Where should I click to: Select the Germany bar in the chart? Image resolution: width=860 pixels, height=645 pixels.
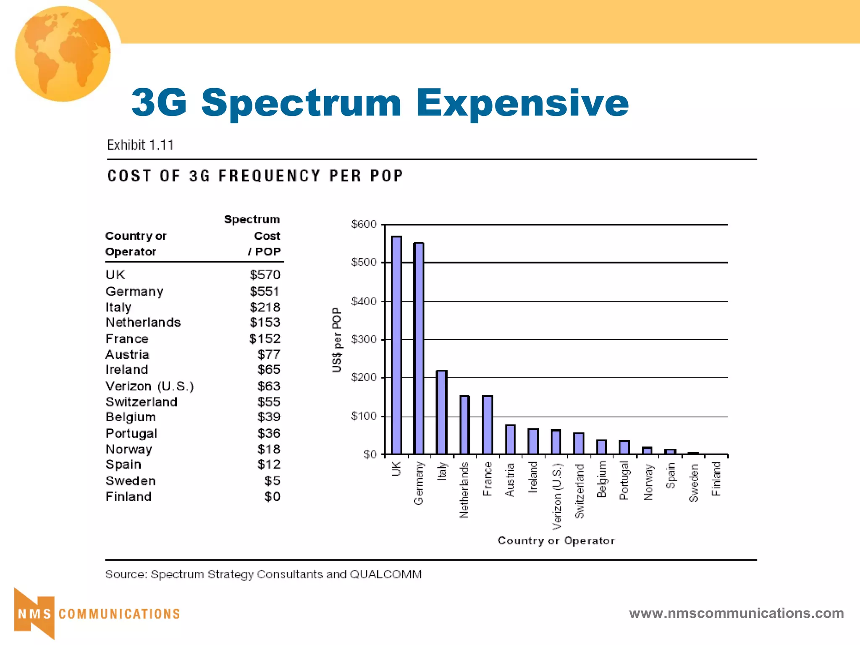(x=419, y=349)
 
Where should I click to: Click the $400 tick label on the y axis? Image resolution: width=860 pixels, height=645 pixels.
(x=364, y=301)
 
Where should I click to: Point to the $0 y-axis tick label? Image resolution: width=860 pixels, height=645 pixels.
(x=370, y=454)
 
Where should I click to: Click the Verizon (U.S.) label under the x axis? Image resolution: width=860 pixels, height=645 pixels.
(x=557, y=496)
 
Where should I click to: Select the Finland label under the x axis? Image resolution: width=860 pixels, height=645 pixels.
(x=716, y=479)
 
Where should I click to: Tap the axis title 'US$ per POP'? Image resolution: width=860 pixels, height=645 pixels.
(x=337, y=340)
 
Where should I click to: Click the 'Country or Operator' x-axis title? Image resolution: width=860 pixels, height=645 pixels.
(x=556, y=540)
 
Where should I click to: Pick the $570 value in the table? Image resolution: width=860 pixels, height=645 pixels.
(x=265, y=275)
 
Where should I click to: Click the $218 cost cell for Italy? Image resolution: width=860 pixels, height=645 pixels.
(x=265, y=307)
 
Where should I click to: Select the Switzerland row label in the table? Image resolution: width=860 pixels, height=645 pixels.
(x=142, y=402)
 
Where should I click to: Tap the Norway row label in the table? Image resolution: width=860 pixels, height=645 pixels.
(x=129, y=449)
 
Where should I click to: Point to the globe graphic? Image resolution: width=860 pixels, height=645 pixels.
(x=63, y=54)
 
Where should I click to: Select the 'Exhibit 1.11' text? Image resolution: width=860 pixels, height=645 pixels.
(x=140, y=145)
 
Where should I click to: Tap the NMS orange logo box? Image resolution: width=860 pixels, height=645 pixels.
(x=34, y=614)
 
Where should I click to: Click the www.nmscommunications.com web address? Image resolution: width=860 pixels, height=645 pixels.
(x=736, y=613)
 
